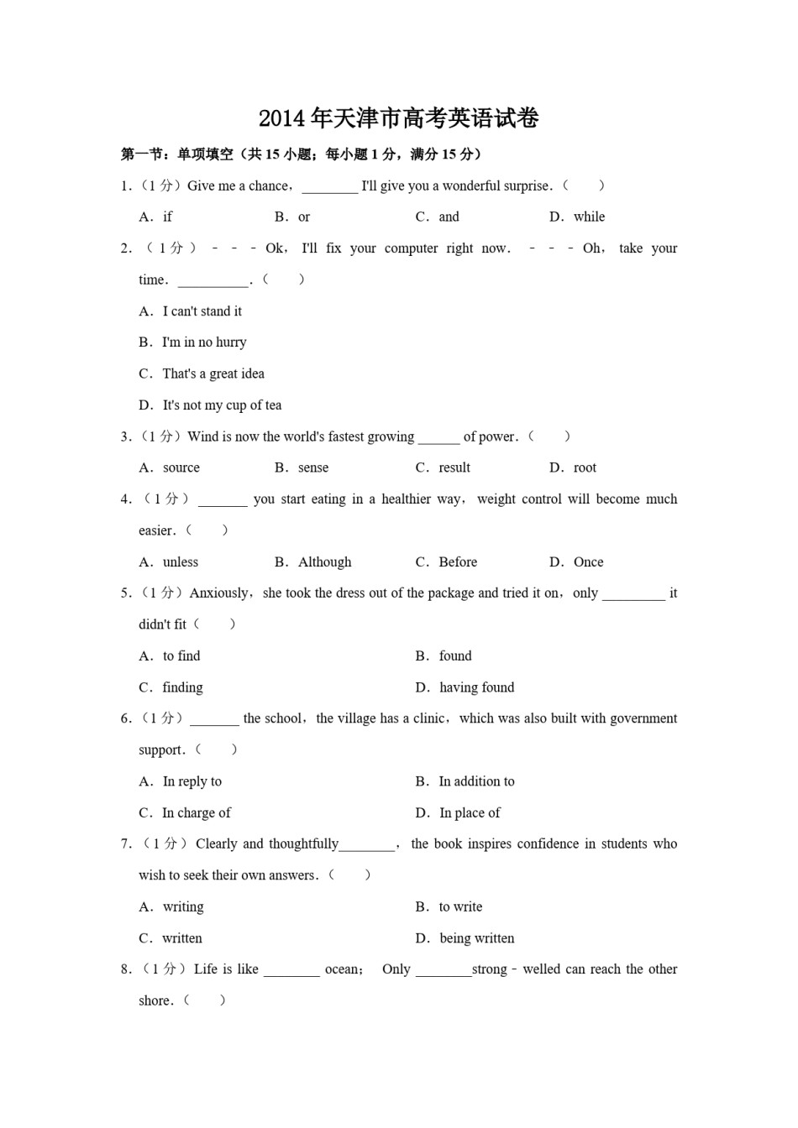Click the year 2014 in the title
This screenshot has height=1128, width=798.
(x=282, y=119)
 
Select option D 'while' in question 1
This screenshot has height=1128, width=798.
(x=589, y=217)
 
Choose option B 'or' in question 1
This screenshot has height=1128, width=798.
(x=303, y=217)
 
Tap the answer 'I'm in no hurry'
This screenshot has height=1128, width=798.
(x=204, y=342)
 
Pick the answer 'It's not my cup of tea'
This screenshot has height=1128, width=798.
(x=222, y=405)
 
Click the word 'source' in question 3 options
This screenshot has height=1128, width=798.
(x=181, y=467)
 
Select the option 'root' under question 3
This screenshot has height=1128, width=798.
(x=585, y=467)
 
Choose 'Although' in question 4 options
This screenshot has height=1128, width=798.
(x=324, y=562)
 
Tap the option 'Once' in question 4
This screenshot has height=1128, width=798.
(x=588, y=562)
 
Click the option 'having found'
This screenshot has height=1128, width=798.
(x=476, y=687)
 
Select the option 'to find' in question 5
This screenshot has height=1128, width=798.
(x=181, y=656)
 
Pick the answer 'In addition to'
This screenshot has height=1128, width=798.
(x=476, y=781)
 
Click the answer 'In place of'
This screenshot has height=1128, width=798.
(x=470, y=813)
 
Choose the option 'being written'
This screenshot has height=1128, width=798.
(x=476, y=938)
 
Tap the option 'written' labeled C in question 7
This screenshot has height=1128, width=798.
(x=182, y=938)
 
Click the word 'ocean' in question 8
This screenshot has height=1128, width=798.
(x=342, y=969)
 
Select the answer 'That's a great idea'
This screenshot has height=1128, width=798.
(x=213, y=374)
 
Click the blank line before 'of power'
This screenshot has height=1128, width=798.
(x=438, y=438)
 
